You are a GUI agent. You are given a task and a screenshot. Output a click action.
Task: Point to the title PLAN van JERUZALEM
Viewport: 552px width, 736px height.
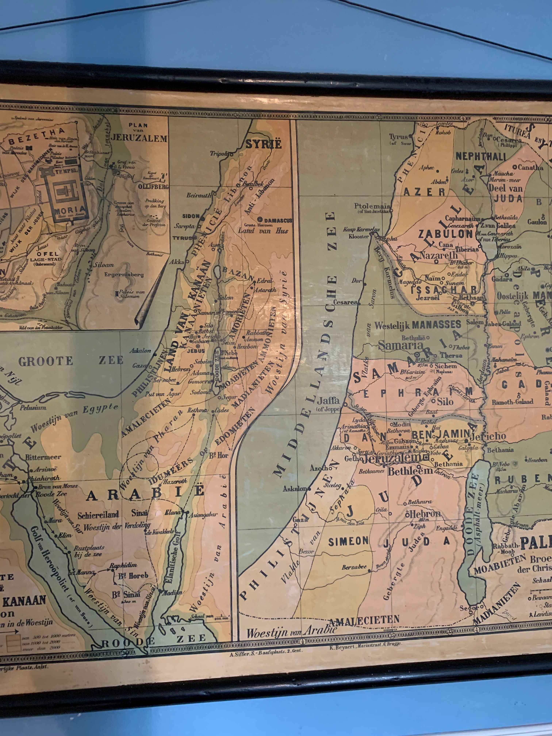point(138,132)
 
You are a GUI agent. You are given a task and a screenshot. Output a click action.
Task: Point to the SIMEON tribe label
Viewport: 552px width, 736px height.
point(348,541)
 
